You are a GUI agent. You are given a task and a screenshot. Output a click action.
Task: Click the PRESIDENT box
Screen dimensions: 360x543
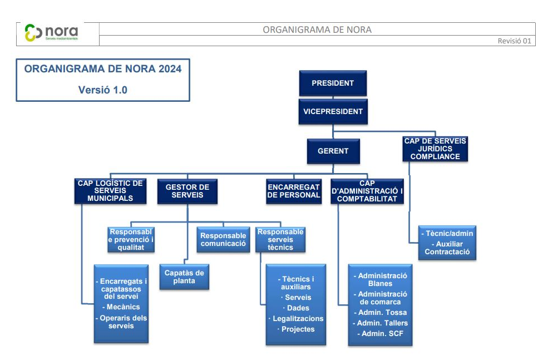click(333, 83)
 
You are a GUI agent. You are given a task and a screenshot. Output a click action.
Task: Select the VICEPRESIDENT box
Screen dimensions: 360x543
click(333, 111)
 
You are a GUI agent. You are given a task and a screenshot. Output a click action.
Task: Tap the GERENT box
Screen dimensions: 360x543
click(333, 151)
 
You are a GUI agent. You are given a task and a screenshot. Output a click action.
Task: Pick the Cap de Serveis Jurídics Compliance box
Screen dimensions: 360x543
click(435, 149)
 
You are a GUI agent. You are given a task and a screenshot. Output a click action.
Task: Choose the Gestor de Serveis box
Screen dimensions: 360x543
click(187, 191)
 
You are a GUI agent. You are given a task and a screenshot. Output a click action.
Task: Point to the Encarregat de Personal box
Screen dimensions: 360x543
click(294, 191)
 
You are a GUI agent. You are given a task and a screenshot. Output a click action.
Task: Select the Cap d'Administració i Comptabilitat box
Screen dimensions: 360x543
click(367, 191)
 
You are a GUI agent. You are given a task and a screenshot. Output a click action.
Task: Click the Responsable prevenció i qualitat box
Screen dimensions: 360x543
click(131, 239)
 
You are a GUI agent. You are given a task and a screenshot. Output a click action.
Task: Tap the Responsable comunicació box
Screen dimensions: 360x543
click(223, 239)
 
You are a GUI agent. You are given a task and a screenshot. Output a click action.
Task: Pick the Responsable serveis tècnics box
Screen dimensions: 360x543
click(280, 239)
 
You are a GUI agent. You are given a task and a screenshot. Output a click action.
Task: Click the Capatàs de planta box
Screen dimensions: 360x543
click(185, 277)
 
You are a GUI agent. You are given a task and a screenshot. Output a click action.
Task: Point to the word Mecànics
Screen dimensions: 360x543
click(121, 307)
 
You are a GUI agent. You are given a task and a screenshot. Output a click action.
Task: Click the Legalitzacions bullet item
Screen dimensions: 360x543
click(298, 318)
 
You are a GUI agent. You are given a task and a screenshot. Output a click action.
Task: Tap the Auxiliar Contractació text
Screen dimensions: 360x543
click(447, 248)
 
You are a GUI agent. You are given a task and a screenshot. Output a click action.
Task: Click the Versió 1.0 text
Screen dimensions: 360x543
click(102, 90)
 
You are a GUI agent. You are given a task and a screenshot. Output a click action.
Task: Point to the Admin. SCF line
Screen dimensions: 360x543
click(379, 334)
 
